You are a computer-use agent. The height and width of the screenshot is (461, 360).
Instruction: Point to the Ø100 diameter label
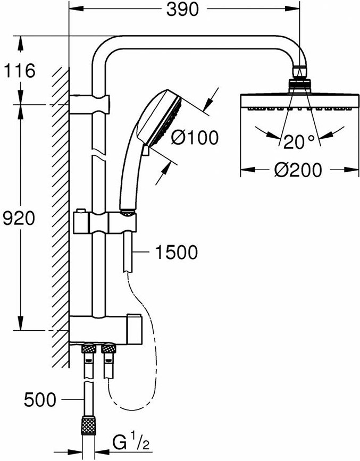(195, 138)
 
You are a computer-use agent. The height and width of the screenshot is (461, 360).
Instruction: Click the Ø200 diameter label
(299, 171)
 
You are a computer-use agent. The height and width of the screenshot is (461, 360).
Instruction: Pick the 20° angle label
(298, 143)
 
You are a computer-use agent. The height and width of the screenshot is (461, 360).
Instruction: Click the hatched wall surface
(61, 213)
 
